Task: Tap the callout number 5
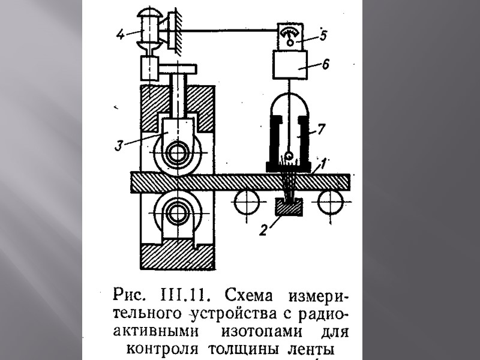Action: [x=323, y=35]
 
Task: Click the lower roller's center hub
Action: [x=177, y=212]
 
